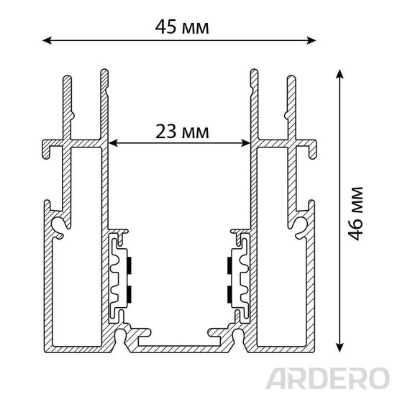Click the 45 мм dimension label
182,27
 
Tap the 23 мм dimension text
182,132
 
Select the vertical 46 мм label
356,214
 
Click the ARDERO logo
327,378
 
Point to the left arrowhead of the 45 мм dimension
47,40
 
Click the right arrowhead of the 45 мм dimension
311,40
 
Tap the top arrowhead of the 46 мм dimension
340,74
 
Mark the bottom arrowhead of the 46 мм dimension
340,347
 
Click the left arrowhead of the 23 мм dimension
113,143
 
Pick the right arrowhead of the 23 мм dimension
246,143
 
